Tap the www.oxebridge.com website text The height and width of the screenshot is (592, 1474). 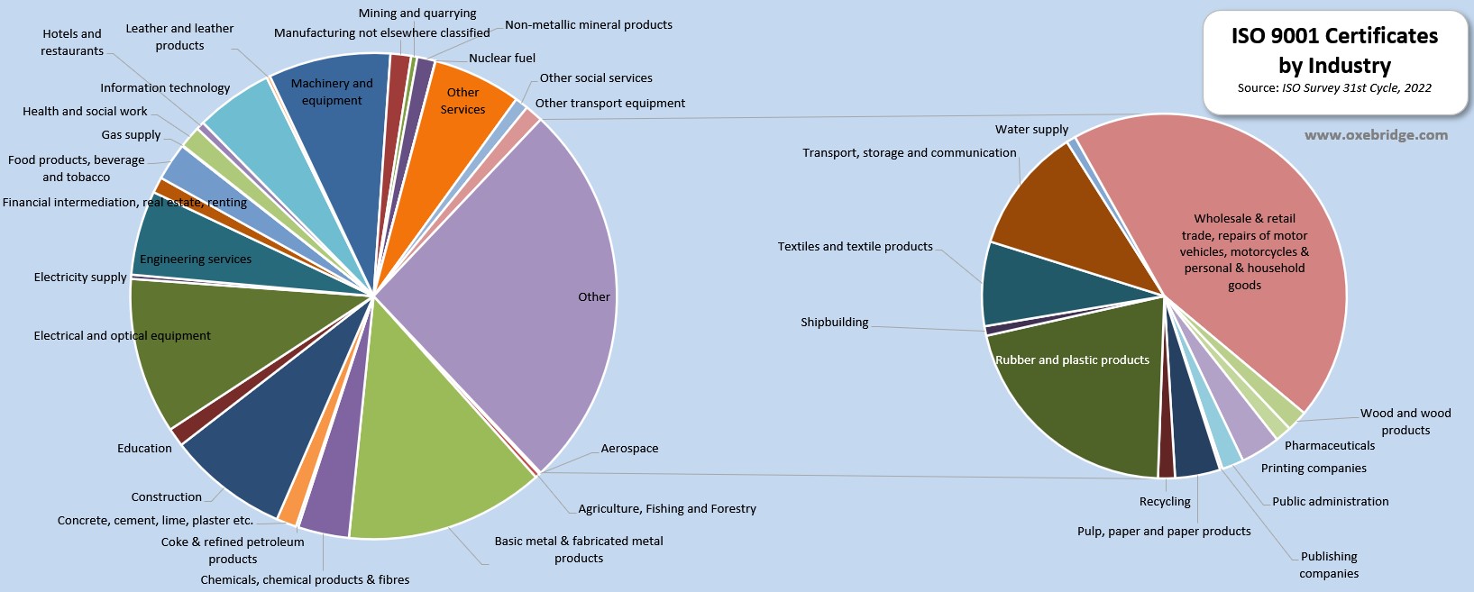click(1376, 135)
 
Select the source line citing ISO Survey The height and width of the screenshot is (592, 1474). click(1334, 88)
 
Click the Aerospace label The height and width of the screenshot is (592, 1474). click(629, 449)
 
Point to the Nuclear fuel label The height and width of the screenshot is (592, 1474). click(502, 59)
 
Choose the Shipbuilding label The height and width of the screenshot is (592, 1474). click(835, 323)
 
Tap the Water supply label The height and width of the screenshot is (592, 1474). click(1031, 130)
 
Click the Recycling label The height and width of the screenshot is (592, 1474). click(1165, 502)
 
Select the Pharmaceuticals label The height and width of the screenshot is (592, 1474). click(1330, 446)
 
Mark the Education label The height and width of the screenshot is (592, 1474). click(144, 449)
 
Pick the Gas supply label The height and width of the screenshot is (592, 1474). click(131, 135)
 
